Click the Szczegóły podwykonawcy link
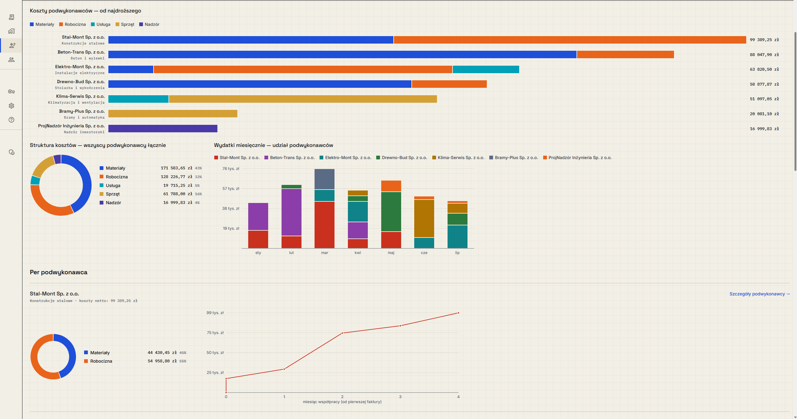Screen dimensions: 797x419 coord(759,294)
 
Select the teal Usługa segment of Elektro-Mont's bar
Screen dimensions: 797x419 coord(486,69)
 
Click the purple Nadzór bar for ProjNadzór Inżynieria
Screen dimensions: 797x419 coord(163,129)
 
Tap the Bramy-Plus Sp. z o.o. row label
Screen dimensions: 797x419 coord(82,111)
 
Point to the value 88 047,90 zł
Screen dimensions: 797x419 coord(764,55)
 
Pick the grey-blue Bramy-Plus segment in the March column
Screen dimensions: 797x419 coord(325,179)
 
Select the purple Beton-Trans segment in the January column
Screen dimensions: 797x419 coord(258,217)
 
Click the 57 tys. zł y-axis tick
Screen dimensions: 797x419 coord(231,189)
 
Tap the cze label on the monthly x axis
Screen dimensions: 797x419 coord(424,253)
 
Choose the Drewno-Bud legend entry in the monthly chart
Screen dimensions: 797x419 coord(402,158)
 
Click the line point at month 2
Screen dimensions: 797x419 coord(342,333)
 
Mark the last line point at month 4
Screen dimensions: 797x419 coord(458,313)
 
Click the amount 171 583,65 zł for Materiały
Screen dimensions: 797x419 coord(177,168)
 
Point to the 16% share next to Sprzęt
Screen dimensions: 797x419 coord(198,194)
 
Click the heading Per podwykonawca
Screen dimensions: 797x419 coord(59,272)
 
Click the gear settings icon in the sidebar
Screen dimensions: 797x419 coord(12,106)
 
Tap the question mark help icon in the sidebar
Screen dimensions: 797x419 coord(12,120)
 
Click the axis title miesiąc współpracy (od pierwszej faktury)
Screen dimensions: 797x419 coord(342,402)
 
